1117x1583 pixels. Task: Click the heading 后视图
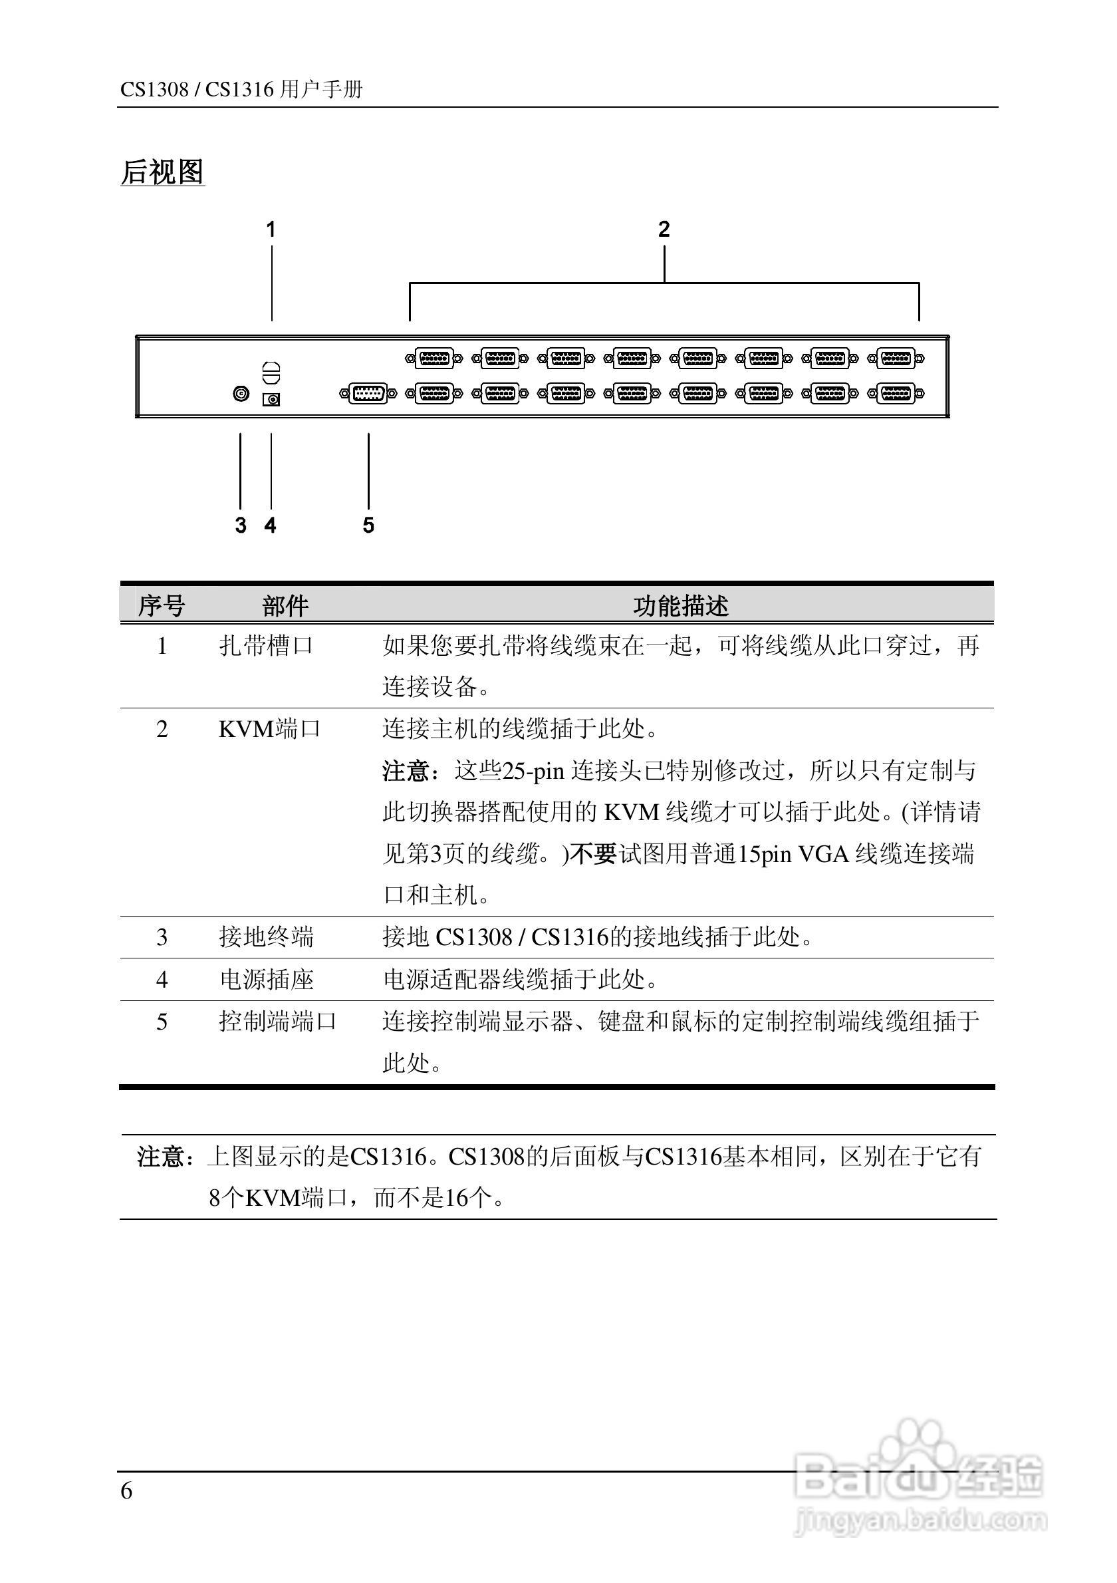[x=163, y=172]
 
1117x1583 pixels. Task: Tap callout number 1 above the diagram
[x=271, y=229]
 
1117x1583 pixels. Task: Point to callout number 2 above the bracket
[x=664, y=229]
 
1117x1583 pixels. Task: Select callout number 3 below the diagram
[x=241, y=525]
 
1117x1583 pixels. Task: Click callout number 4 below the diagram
[x=271, y=525]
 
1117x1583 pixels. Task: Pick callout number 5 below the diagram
[x=368, y=525]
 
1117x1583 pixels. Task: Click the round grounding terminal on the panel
[x=241, y=394]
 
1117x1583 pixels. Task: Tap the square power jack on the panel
[x=271, y=399]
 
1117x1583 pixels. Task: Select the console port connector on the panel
[x=368, y=394]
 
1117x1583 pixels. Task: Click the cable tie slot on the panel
[x=271, y=372]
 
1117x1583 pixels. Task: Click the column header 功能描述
[x=681, y=606]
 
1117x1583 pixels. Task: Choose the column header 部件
[x=285, y=606]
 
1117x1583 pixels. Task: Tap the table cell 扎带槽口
[x=266, y=646]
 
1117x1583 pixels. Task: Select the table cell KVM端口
[x=269, y=729]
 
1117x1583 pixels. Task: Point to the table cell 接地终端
[x=266, y=937]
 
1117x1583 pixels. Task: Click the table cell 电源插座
[x=266, y=979]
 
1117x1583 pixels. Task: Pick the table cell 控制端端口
[x=278, y=1021]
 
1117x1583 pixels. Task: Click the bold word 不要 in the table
[x=594, y=854]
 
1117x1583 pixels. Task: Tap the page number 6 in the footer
[x=127, y=1491]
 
